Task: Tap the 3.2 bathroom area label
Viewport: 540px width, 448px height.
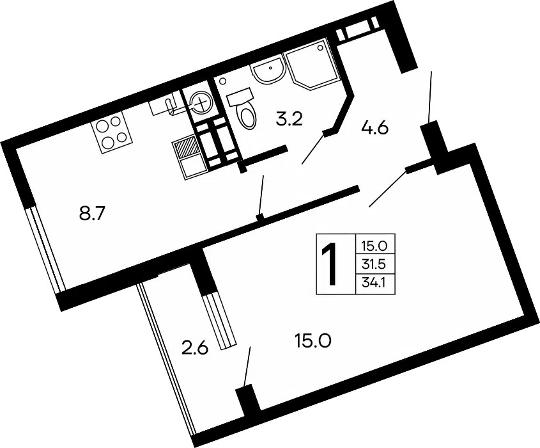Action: click(289, 119)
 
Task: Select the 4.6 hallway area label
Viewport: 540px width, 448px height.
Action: click(374, 128)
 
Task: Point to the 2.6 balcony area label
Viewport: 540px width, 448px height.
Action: click(195, 348)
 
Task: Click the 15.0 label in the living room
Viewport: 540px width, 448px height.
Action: click(313, 341)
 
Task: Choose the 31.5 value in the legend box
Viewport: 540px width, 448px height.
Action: click(373, 264)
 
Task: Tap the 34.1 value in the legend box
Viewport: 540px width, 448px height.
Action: click(373, 283)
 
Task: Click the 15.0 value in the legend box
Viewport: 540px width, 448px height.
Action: click(374, 246)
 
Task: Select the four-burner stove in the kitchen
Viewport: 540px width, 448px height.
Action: click(112, 132)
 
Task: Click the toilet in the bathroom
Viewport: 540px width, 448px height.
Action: click(243, 108)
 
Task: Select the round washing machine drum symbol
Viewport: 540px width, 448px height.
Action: click(201, 102)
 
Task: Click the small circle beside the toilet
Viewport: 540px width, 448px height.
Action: click(222, 81)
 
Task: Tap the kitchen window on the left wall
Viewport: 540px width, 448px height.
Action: click(45, 249)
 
